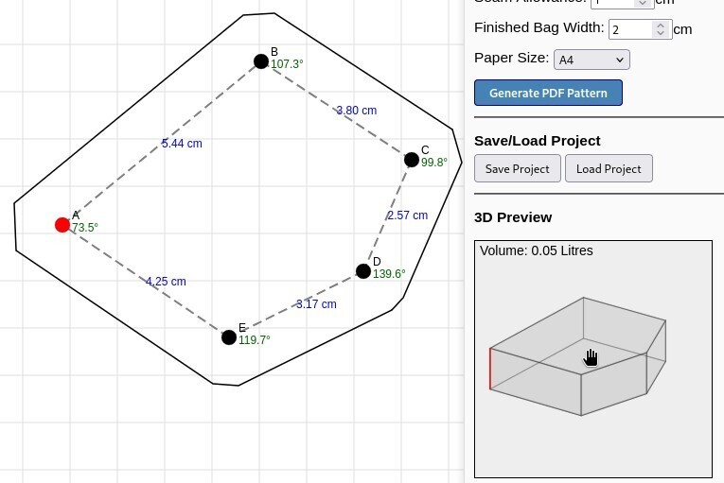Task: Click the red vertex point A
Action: coord(62,225)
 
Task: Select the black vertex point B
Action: coord(261,61)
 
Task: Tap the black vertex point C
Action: coord(412,160)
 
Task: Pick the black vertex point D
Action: coord(363,271)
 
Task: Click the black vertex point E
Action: coord(229,337)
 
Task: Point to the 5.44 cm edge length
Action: coord(182,144)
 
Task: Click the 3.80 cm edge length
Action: coord(357,111)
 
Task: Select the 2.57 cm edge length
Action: coord(408,216)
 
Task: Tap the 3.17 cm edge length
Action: coord(316,304)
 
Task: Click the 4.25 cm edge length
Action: coord(166,282)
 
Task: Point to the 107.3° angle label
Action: coord(287,65)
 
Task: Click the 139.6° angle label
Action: coord(389,274)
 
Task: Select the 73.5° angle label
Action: coord(85,228)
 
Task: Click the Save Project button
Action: coord(517,169)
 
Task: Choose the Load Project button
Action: coord(609,169)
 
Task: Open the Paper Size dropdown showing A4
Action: coord(592,60)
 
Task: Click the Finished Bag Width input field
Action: coord(632,29)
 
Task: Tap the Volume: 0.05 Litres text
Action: coord(537,250)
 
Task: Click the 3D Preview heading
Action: coord(513,217)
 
